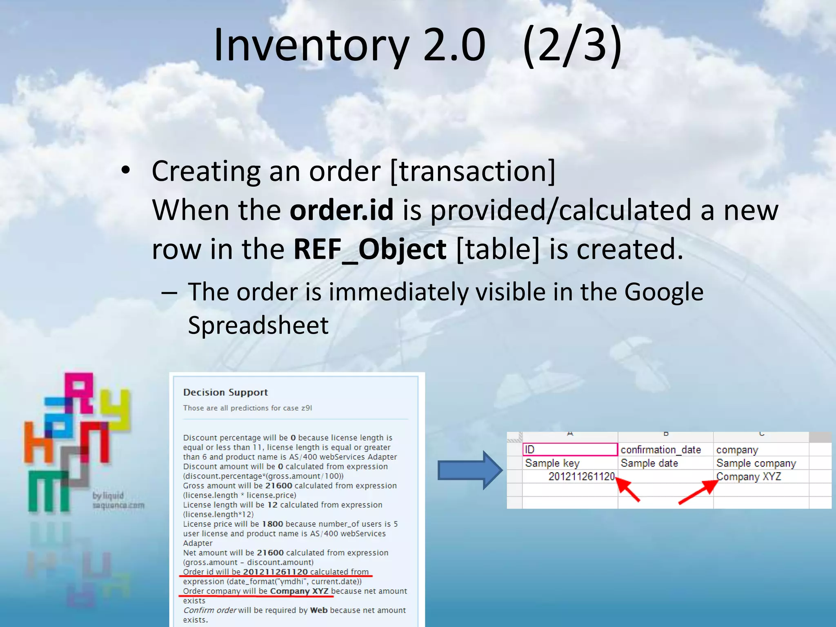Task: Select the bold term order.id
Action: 342,210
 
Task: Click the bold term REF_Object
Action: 370,249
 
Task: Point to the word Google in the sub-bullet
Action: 664,292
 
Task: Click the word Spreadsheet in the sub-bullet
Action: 258,326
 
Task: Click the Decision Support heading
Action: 225,392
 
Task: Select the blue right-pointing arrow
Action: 469,470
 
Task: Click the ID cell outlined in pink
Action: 570,449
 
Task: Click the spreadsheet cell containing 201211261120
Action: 581,476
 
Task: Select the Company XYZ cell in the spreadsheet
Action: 749,476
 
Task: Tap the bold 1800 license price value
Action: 272,524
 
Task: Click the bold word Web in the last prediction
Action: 319,610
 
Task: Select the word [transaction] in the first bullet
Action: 473,171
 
